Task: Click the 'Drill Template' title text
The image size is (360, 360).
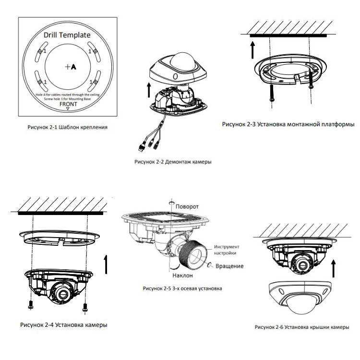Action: (67, 35)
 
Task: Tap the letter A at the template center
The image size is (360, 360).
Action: (73, 68)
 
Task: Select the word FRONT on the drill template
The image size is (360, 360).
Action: (67, 103)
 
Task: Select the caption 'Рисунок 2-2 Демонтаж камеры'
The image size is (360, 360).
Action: (173, 162)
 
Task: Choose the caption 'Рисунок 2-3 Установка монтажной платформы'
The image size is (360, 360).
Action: (288, 124)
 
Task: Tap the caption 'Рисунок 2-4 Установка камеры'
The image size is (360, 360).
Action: (62, 325)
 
